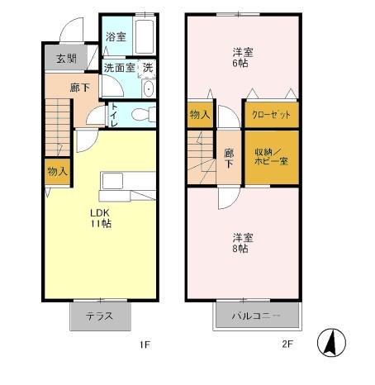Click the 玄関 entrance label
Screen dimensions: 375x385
(x=66, y=59)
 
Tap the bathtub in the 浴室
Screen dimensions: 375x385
(x=145, y=36)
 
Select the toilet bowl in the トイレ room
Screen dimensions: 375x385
(x=144, y=114)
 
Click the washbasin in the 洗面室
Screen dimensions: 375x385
(x=149, y=88)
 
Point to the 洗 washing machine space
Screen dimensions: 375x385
(x=148, y=68)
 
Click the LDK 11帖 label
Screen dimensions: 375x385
(x=101, y=218)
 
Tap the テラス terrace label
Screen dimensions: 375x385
(x=99, y=316)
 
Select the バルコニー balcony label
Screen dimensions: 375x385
(x=256, y=316)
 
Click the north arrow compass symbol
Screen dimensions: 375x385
(x=331, y=343)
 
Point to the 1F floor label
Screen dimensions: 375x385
(x=145, y=345)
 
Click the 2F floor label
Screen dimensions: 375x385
(x=287, y=345)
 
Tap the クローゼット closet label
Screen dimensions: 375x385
(x=272, y=115)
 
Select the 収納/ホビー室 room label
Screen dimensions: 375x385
(x=271, y=157)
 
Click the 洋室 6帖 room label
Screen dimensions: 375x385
(x=243, y=58)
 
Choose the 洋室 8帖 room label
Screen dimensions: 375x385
(x=243, y=243)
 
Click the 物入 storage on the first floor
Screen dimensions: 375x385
(x=58, y=172)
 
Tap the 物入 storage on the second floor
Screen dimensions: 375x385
(x=200, y=115)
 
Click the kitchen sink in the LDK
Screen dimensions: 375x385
(x=112, y=181)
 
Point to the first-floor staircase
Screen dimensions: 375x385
(x=58, y=127)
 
